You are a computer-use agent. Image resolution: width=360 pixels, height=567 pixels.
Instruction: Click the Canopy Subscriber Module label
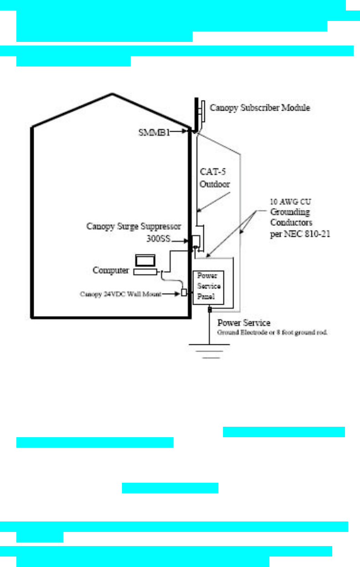tap(260, 108)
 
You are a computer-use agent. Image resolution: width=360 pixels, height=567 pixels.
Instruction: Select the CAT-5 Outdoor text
tap(216, 178)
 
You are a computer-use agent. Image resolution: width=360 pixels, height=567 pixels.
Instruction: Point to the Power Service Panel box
tap(209, 286)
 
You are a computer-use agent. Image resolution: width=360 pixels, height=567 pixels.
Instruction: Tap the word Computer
tap(111, 270)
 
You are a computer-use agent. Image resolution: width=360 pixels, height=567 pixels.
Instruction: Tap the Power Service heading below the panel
tap(243, 323)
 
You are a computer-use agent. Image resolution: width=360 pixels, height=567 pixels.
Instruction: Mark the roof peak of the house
tap(111, 94)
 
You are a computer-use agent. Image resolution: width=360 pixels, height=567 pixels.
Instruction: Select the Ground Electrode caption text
tap(272, 332)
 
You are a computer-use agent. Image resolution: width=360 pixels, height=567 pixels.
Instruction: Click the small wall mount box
tap(184, 292)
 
